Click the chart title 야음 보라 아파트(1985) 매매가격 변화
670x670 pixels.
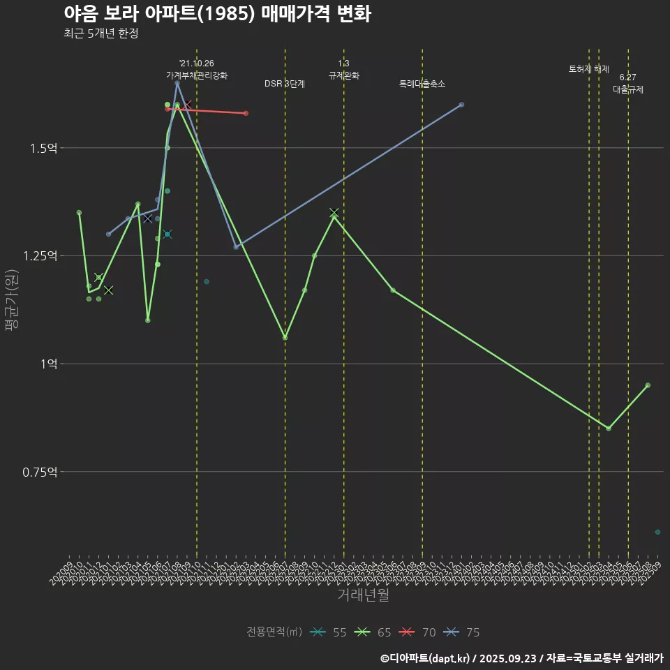tap(216, 14)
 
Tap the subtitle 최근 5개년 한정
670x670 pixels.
tap(100, 33)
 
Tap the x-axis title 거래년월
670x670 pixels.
tap(363, 595)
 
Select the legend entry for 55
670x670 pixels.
tap(329, 632)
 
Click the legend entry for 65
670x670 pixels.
tap(373, 632)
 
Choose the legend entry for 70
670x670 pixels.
tap(418, 632)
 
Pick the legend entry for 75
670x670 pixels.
tap(462, 632)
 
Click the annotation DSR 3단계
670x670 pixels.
tap(285, 84)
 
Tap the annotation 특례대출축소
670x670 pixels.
tap(422, 84)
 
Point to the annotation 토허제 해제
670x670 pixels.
tap(589, 69)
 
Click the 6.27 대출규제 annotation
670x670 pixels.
tap(628, 83)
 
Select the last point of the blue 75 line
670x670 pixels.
tap(461, 105)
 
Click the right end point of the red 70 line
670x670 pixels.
tap(246, 113)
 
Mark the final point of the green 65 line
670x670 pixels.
tap(648, 385)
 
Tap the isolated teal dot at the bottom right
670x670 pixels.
tap(657, 532)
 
